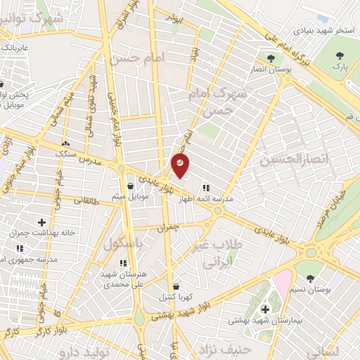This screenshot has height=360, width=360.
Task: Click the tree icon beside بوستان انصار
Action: click(x=271, y=58)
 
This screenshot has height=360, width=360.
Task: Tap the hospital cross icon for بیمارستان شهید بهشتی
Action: click(x=265, y=309)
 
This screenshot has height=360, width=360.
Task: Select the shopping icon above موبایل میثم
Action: click(x=131, y=186)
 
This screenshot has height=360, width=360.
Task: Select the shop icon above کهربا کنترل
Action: click(x=175, y=286)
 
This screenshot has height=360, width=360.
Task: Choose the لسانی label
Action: click(x=324, y=349)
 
